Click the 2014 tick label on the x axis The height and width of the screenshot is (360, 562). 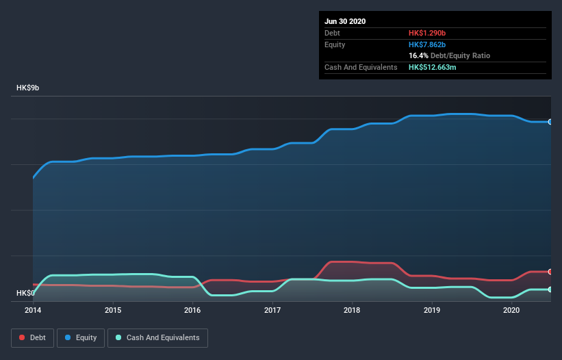click(x=33, y=310)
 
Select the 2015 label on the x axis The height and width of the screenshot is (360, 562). click(x=113, y=310)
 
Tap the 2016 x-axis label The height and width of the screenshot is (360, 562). click(x=192, y=310)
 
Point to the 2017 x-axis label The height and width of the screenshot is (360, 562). click(x=272, y=310)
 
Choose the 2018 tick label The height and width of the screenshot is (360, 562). click(x=352, y=310)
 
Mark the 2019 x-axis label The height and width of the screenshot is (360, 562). click(x=432, y=310)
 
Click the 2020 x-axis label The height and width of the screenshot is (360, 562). click(x=511, y=310)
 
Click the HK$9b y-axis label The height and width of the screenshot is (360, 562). click(x=28, y=88)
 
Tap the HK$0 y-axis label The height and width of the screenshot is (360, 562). click(x=25, y=293)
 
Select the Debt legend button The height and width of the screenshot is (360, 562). click(x=33, y=337)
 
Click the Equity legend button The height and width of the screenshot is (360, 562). click(x=81, y=337)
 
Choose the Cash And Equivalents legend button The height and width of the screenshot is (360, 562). click(x=157, y=337)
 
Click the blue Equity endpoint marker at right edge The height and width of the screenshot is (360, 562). click(x=550, y=122)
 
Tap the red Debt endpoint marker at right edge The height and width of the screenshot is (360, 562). click(x=550, y=272)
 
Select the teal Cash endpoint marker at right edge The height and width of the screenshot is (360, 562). click(x=550, y=290)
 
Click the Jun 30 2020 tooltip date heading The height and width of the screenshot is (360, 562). click(x=345, y=21)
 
